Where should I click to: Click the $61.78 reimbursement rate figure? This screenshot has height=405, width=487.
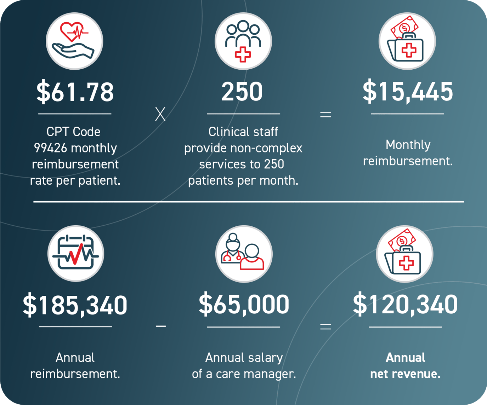[x=75, y=92]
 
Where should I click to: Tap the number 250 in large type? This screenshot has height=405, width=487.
[x=242, y=92]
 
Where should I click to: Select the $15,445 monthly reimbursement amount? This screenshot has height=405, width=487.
[x=408, y=92]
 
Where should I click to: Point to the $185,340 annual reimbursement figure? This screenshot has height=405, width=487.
[x=75, y=305]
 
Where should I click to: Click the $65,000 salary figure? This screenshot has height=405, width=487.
[x=244, y=305]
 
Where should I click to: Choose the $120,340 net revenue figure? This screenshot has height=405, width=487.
[x=405, y=305]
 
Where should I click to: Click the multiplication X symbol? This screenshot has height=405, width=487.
[x=160, y=115]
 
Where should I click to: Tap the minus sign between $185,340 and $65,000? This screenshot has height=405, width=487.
[x=161, y=326]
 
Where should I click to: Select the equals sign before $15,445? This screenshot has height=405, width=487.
[x=325, y=115]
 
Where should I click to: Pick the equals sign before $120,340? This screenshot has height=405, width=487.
[x=325, y=326]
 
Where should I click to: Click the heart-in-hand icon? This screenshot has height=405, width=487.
[x=74, y=41]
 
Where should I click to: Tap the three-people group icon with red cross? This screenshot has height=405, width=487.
[x=243, y=41]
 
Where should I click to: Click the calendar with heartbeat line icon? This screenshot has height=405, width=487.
[x=76, y=254]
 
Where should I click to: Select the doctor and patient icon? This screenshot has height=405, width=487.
[x=244, y=254]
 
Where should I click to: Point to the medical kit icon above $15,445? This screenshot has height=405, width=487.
[x=407, y=41]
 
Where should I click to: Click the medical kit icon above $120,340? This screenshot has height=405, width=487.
[x=405, y=254]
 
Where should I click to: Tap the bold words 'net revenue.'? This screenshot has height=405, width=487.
[x=406, y=374]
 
